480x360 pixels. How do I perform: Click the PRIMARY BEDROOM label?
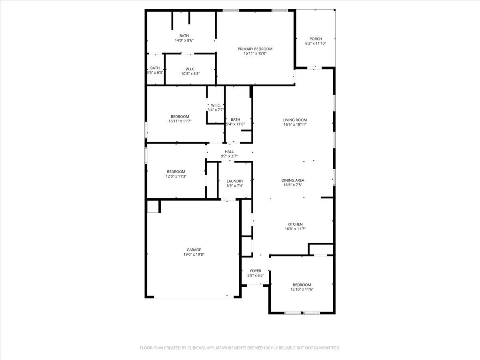coord(255,49)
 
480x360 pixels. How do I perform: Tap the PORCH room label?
coord(316,39)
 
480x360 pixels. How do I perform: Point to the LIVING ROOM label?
coord(295,120)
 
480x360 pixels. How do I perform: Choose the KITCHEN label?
coord(295,224)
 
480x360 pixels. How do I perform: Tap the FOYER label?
coord(256,271)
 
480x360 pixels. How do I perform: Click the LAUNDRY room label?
coord(235,181)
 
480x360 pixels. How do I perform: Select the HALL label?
coord(229,152)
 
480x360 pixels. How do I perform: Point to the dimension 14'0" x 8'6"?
coord(184,40)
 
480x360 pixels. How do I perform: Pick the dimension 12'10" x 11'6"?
coord(302,289)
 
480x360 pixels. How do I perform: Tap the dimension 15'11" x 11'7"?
coord(180,121)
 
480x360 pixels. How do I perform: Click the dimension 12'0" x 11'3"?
coord(176,176)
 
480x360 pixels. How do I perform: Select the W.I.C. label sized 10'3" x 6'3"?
coord(190,69)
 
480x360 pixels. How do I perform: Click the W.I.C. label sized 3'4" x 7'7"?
coord(216,105)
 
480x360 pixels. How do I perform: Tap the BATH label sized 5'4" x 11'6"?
coord(235,119)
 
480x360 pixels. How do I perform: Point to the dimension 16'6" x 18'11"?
coord(295,124)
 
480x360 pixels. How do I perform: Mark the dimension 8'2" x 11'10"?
coord(316,44)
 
